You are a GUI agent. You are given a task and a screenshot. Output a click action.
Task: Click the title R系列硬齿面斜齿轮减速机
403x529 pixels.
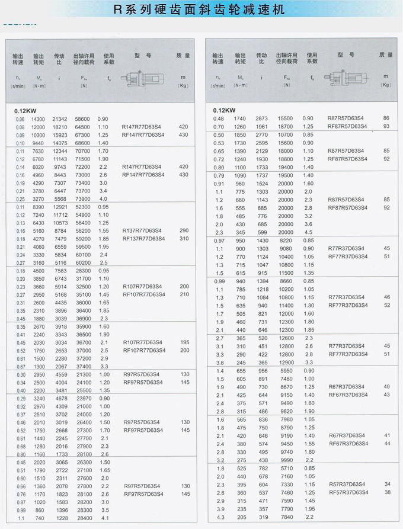pos(201,9)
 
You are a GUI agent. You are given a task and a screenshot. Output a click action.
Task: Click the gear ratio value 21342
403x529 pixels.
pos(60,119)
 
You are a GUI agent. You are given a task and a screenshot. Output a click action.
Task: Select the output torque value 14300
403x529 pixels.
pos(38,119)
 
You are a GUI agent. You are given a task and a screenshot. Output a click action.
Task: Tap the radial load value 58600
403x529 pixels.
pos(82,119)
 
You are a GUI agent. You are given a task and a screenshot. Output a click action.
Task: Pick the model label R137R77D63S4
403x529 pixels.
pos(142,230)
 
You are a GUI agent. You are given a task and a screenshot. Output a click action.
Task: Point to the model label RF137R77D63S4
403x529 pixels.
pos(143,239)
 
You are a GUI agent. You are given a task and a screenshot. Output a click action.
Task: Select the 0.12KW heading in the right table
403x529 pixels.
pos(225,110)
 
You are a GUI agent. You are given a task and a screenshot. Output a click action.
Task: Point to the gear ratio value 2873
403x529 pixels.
pos(261,118)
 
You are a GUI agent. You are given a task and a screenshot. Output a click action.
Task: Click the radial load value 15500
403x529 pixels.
pos(285,118)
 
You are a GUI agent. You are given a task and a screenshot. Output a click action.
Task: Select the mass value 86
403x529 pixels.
pos(386,118)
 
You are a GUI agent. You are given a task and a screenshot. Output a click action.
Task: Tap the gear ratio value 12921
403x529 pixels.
pos(60,207)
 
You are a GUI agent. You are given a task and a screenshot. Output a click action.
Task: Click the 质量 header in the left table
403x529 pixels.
pos(183,55)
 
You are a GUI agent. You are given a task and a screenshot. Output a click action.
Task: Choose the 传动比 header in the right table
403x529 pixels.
pos(261,58)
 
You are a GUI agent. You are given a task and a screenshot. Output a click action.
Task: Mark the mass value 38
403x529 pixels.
pos(387,492)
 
